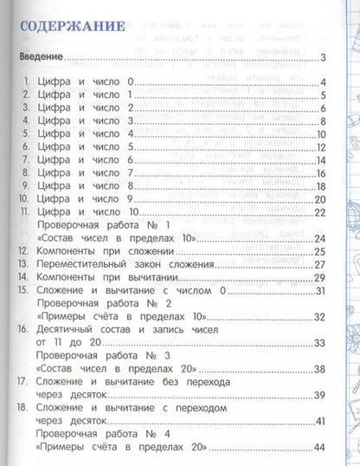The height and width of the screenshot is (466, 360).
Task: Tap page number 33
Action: coord(318,344)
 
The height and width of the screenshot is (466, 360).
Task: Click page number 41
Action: coord(318,421)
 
